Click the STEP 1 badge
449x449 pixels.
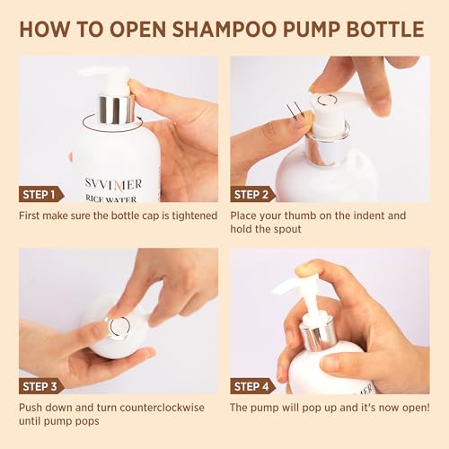[x=41, y=194]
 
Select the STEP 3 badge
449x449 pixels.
[x=41, y=386]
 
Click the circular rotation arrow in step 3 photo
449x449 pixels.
[x=118, y=326]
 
